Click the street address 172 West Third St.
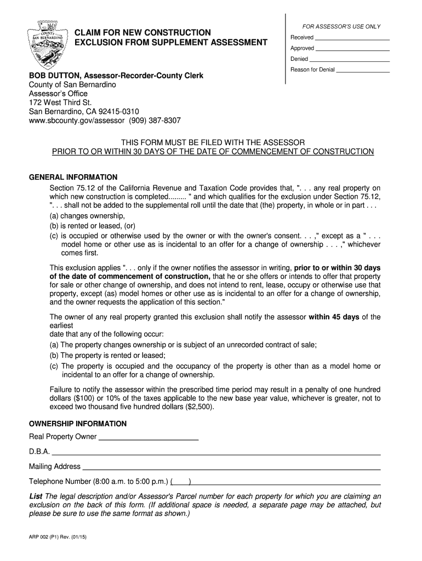pos(60,102)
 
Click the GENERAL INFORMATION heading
pos(73,177)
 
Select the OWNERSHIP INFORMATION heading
pos(77,423)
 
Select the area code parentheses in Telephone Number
pos(181,482)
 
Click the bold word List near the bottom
pos(36,496)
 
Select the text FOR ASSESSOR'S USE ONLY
pos(342,27)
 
